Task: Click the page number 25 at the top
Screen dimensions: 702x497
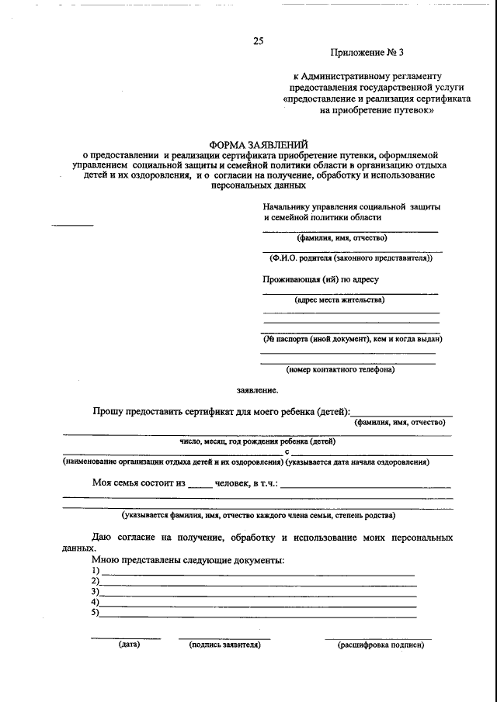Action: click(x=258, y=40)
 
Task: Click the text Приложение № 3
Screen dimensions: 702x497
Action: click(x=367, y=53)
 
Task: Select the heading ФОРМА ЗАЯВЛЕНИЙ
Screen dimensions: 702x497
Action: click(x=259, y=144)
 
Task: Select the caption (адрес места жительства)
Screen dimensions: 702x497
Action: click(x=340, y=299)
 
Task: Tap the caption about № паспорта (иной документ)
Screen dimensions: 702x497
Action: click(x=352, y=339)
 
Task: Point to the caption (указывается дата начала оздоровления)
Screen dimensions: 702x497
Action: click(x=358, y=462)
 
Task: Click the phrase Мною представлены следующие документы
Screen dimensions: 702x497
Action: click(x=188, y=559)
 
